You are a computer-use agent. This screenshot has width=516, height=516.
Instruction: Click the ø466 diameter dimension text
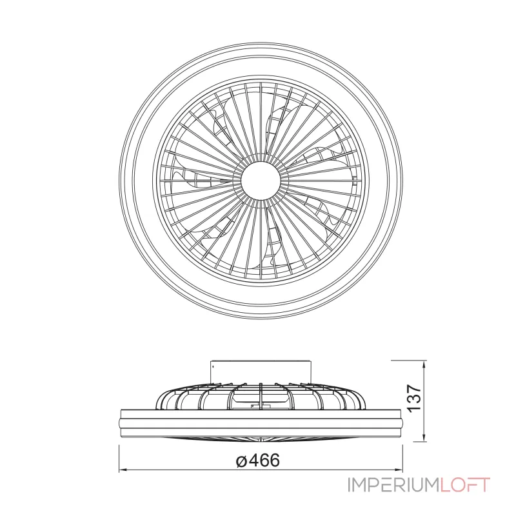(x=258, y=460)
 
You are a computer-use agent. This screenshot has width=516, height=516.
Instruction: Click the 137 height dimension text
(x=413, y=397)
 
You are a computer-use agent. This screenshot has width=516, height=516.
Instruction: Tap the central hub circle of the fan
(x=261, y=181)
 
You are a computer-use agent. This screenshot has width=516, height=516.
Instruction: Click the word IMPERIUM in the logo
(x=393, y=485)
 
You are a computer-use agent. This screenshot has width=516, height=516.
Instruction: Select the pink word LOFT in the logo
(x=465, y=485)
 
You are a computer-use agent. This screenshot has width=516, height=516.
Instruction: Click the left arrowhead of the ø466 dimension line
(x=123, y=470)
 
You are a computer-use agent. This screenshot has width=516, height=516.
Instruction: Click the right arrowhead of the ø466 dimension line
(x=399, y=470)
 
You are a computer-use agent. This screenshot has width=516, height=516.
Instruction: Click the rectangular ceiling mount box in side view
(x=261, y=372)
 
